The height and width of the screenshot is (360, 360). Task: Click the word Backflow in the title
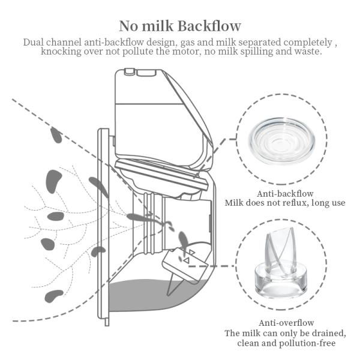(x=209, y=26)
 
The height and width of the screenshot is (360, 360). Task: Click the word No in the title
(x=128, y=26)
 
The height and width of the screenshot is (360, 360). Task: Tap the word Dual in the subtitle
(x=33, y=42)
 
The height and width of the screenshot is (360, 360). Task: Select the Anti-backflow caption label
(x=285, y=194)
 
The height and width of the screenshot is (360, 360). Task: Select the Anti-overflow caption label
(x=286, y=323)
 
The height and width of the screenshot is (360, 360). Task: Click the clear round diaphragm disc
(x=283, y=140)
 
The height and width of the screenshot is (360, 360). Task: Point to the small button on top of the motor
(x=129, y=71)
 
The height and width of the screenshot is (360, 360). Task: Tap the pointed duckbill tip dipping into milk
(x=169, y=295)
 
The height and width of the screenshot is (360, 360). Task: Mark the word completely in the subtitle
(x=308, y=43)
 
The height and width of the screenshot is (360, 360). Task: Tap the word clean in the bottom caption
(x=248, y=343)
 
